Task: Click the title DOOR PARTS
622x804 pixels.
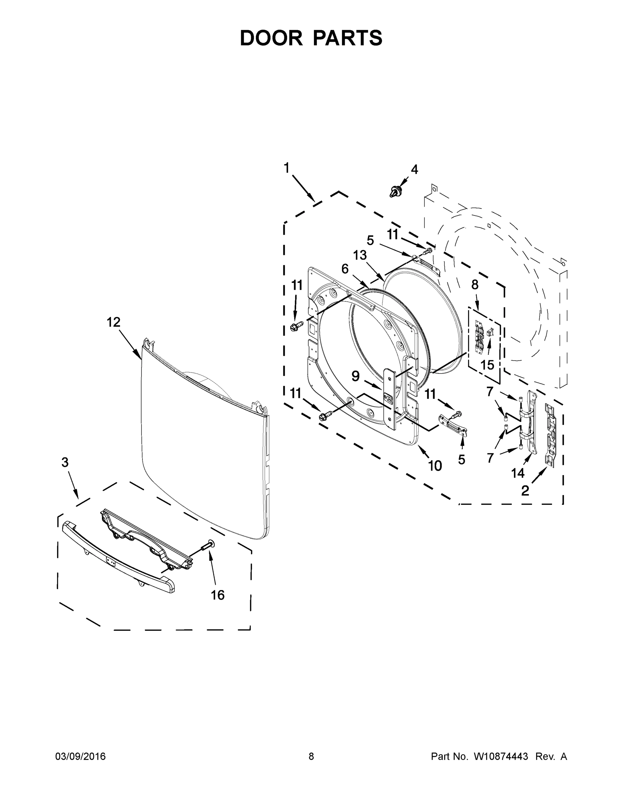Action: pyautogui.click(x=311, y=38)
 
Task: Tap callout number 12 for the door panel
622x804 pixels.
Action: pyautogui.click(x=113, y=322)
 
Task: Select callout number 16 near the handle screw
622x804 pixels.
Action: pyautogui.click(x=217, y=595)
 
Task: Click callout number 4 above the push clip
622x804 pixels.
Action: pyautogui.click(x=414, y=170)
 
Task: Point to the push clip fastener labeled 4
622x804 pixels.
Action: pyautogui.click(x=395, y=191)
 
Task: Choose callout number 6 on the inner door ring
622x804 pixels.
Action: pyautogui.click(x=345, y=269)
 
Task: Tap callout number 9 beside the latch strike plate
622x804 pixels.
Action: pyautogui.click(x=355, y=376)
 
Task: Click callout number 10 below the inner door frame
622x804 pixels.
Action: pyautogui.click(x=435, y=466)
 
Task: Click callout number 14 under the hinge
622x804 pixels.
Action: pyautogui.click(x=517, y=473)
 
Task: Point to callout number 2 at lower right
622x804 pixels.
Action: pyautogui.click(x=525, y=491)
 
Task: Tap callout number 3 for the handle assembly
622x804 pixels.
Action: pyautogui.click(x=65, y=462)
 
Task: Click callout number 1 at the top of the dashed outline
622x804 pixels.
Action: pyautogui.click(x=286, y=168)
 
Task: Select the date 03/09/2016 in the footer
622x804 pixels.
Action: pyautogui.click(x=80, y=756)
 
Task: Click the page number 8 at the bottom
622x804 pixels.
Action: pyautogui.click(x=311, y=756)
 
